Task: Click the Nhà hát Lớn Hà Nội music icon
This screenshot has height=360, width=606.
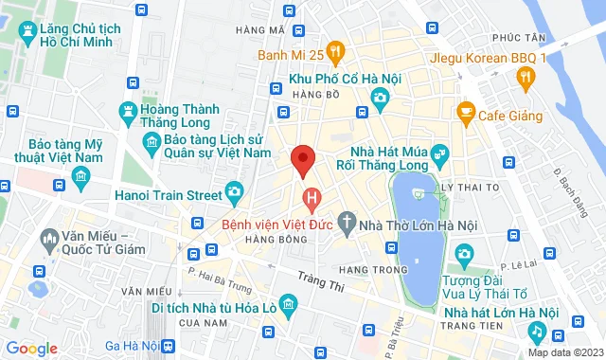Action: (536, 333)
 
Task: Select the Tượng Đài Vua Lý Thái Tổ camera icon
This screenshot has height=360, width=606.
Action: (464, 254)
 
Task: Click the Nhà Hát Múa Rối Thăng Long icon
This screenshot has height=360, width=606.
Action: (438, 153)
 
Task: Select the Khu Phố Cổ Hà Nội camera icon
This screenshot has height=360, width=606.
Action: (380, 96)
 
